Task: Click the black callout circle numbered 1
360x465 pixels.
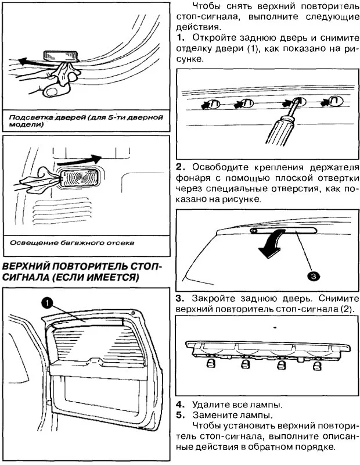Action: click(47, 302)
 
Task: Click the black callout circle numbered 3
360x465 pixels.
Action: click(312, 275)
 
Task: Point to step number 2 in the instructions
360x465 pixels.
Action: click(180, 166)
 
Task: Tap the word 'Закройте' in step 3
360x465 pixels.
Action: click(213, 297)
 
